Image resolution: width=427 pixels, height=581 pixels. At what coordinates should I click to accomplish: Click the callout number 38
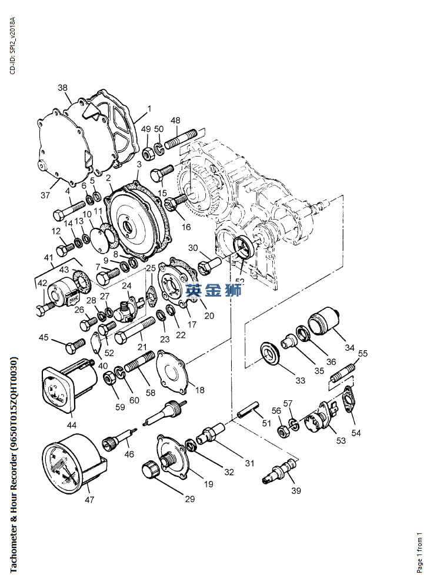[62, 88]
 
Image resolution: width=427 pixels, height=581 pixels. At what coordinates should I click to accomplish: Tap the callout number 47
[89, 500]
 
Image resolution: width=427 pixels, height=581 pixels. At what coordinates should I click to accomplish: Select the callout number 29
[189, 499]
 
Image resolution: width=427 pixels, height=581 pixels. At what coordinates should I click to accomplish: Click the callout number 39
[296, 490]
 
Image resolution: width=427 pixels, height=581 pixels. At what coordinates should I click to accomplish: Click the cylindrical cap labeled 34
[323, 323]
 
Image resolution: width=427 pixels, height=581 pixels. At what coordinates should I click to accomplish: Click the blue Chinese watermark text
[213, 290]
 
